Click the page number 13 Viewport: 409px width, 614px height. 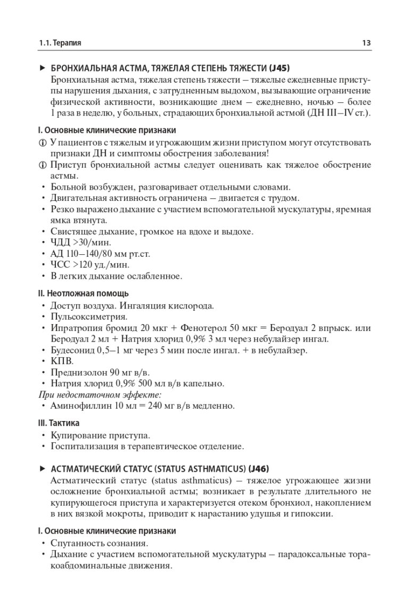pos(366,43)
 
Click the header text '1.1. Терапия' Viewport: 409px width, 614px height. pos(63,43)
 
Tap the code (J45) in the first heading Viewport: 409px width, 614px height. pos(280,68)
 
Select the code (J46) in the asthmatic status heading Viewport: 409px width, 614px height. pos(258,469)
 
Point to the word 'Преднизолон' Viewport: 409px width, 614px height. pos(73,373)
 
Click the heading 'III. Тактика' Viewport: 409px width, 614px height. pos(59,423)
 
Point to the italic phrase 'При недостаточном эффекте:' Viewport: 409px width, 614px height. pos(101,395)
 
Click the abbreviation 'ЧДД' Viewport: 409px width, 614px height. pos(60,242)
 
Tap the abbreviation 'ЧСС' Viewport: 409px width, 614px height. pos(60,264)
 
